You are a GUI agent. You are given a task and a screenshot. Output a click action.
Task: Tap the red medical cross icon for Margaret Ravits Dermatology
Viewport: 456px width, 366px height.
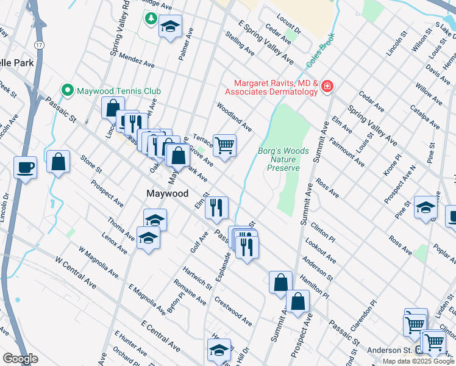click(327, 87)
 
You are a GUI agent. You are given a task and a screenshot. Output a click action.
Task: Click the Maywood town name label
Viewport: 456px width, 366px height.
click(167, 193)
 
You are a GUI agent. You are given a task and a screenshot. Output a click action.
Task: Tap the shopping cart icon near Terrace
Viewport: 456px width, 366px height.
click(224, 146)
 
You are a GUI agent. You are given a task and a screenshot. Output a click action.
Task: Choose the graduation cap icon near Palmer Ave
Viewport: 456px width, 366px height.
click(171, 26)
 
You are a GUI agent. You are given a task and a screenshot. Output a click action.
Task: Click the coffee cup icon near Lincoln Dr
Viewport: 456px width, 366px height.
click(25, 167)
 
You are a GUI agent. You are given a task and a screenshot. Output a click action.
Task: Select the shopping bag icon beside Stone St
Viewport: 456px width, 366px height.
click(58, 162)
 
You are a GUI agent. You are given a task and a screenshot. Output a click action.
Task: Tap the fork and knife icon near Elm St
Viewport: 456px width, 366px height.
click(217, 208)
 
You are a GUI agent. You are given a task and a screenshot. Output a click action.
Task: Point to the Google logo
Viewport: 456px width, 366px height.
click(20, 359)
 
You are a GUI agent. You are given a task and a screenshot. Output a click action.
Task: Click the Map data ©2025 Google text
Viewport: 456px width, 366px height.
click(418, 361)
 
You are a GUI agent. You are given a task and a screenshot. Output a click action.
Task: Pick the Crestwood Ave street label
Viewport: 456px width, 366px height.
click(233, 311)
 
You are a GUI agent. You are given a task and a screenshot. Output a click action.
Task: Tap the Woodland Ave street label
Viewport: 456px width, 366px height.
click(234, 116)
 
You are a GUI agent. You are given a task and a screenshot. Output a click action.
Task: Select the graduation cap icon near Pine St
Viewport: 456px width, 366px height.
click(426, 207)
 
